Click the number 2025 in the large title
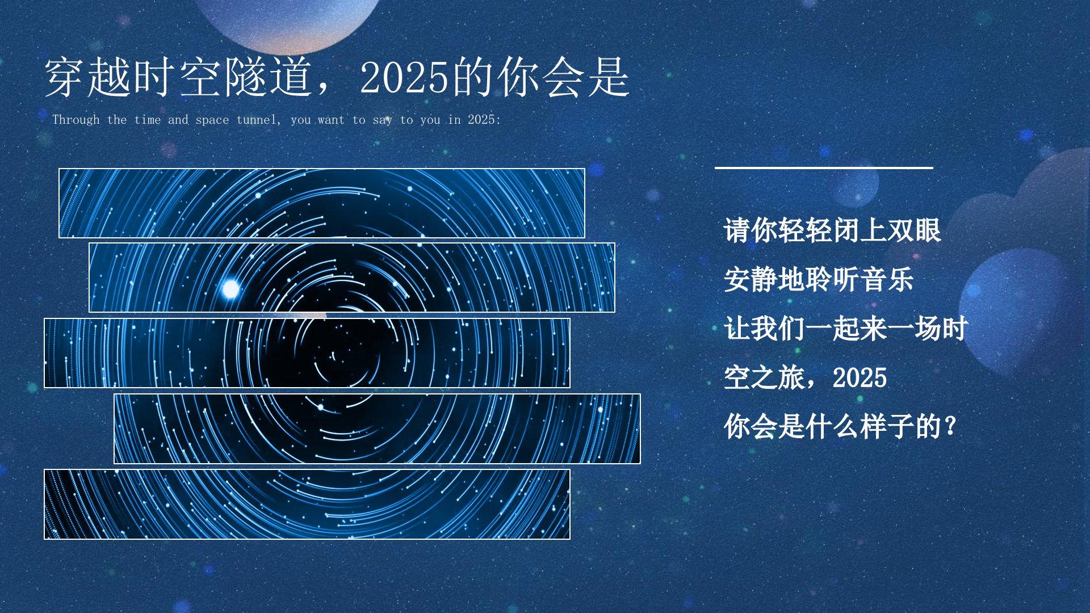pyautogui.click(x=405, y=77)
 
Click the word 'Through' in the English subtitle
pyautogui.click(x=76, y=120)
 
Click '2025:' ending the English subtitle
pyautogui.click(x=484, y=120)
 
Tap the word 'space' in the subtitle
pyautogui.click(x=212, y=120)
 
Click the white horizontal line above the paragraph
pyautogui.click(x=824, y=167)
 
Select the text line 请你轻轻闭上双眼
pyautogui.click(x=832, y=230)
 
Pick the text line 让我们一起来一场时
pyautogui.click(x=846, y=329)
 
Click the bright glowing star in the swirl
pyautogui.click(x=230, y=289)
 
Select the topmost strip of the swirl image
pyautogui.click(x=322, y=203)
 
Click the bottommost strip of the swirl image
pyautogui.click(x=307, y=504)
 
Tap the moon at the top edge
pyautogui.click(x=288, y=23)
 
